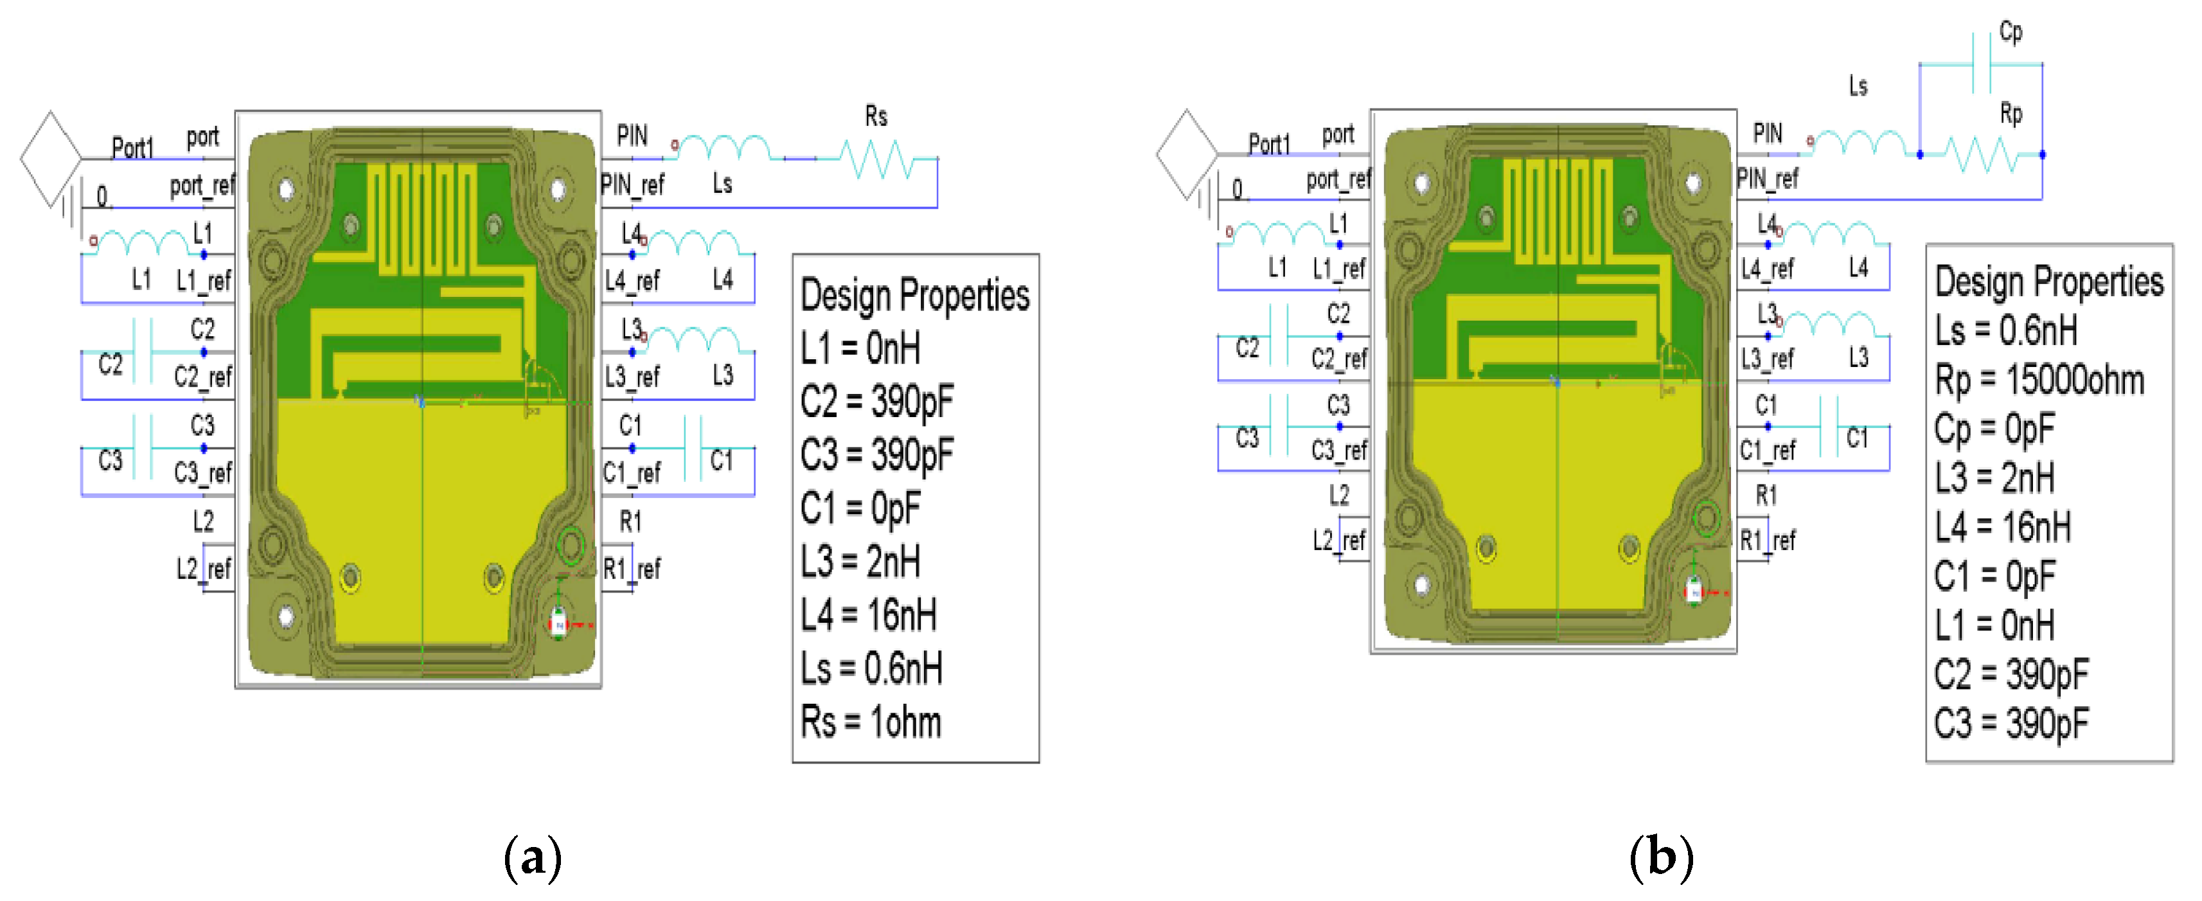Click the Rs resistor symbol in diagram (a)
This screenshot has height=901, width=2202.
(x=877, y=158)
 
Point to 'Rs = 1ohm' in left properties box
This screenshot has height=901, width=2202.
(x=870, y=722)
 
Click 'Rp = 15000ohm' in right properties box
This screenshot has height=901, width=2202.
(x=2039, y=380)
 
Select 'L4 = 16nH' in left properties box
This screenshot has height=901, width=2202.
(x=867, y=616)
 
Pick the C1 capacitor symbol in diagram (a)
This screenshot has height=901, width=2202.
(x=693, y=447)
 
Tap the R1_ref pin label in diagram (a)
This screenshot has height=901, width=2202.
(x=632, y=569)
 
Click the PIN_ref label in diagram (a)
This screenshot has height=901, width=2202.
(x=632, y=184)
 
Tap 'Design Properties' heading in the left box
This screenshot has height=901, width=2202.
(x=914, y=296)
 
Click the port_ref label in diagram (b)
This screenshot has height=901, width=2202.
(x=1338, y=179)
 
